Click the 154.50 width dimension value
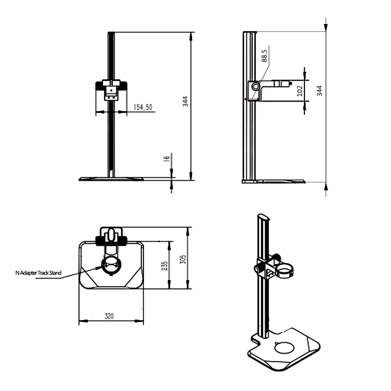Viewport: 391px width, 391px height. [x=143, y=108]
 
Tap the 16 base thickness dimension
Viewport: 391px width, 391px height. [x=167, y=159]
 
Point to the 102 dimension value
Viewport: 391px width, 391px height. [x=300, y=91]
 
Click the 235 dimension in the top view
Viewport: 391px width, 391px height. [x=165, y=266]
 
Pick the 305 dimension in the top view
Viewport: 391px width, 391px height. [x=183, y=259]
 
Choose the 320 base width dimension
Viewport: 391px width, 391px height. [x=109, y=316]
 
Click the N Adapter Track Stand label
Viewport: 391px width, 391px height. [x=38, y=273]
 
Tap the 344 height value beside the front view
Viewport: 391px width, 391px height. [x=185, y=102]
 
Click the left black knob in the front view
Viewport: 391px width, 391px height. [x=99, y=86]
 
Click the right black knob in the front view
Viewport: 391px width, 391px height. [x=123, y=86]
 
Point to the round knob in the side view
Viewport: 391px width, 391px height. [x=256, y=86]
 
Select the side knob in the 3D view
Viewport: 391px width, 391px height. [x=258, y=269]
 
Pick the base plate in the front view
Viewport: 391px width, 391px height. [x=111, y=179]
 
